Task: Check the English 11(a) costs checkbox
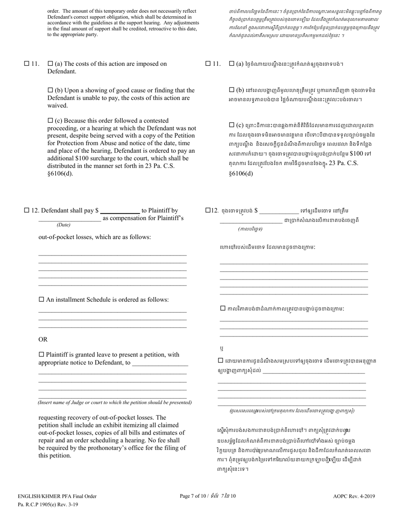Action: (x=50, y=64)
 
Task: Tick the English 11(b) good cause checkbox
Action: (x=50, y=90)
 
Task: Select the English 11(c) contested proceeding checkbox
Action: (x=50, y=121)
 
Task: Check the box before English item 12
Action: (x=27, y=210)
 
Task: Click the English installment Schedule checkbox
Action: (x=41, y=300)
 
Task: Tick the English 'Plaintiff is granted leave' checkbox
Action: (x=41, y=354)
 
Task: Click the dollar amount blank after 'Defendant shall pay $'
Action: (x=120, y=210)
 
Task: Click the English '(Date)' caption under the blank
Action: (x=64, y=225)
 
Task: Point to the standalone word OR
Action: (x=43, y=340)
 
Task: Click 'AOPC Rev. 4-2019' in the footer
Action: (x=354, y=496)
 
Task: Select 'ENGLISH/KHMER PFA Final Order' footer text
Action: (x=57, y=496)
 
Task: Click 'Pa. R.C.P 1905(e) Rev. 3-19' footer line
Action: (x=48, y=504)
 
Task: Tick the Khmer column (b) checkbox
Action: (x=232, y=90)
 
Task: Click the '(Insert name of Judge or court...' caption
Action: (x=115, y=402)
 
